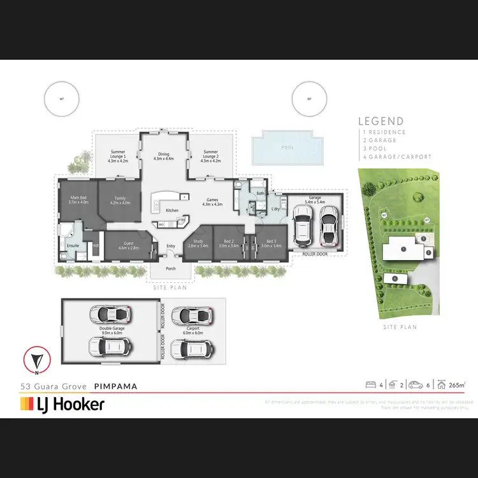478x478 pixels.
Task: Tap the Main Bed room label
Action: point(79,200)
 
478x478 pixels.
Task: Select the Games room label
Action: point(212,202)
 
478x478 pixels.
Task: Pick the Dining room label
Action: point(164,156)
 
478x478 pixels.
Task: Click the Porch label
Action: point(171,268)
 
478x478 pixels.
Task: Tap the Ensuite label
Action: point(73,243)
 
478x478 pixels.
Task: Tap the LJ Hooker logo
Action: point(62,404)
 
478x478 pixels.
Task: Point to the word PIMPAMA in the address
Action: point(115,386)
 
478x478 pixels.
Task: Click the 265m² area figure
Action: point(456,385)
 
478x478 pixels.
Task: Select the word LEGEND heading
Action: point(380,121)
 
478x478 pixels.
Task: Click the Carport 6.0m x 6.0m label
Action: point(194,331)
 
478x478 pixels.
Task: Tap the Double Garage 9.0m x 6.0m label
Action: point(111,331)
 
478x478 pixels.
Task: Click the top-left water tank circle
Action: point(62,99)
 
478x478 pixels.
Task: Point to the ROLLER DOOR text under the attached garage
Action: point(315,254)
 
